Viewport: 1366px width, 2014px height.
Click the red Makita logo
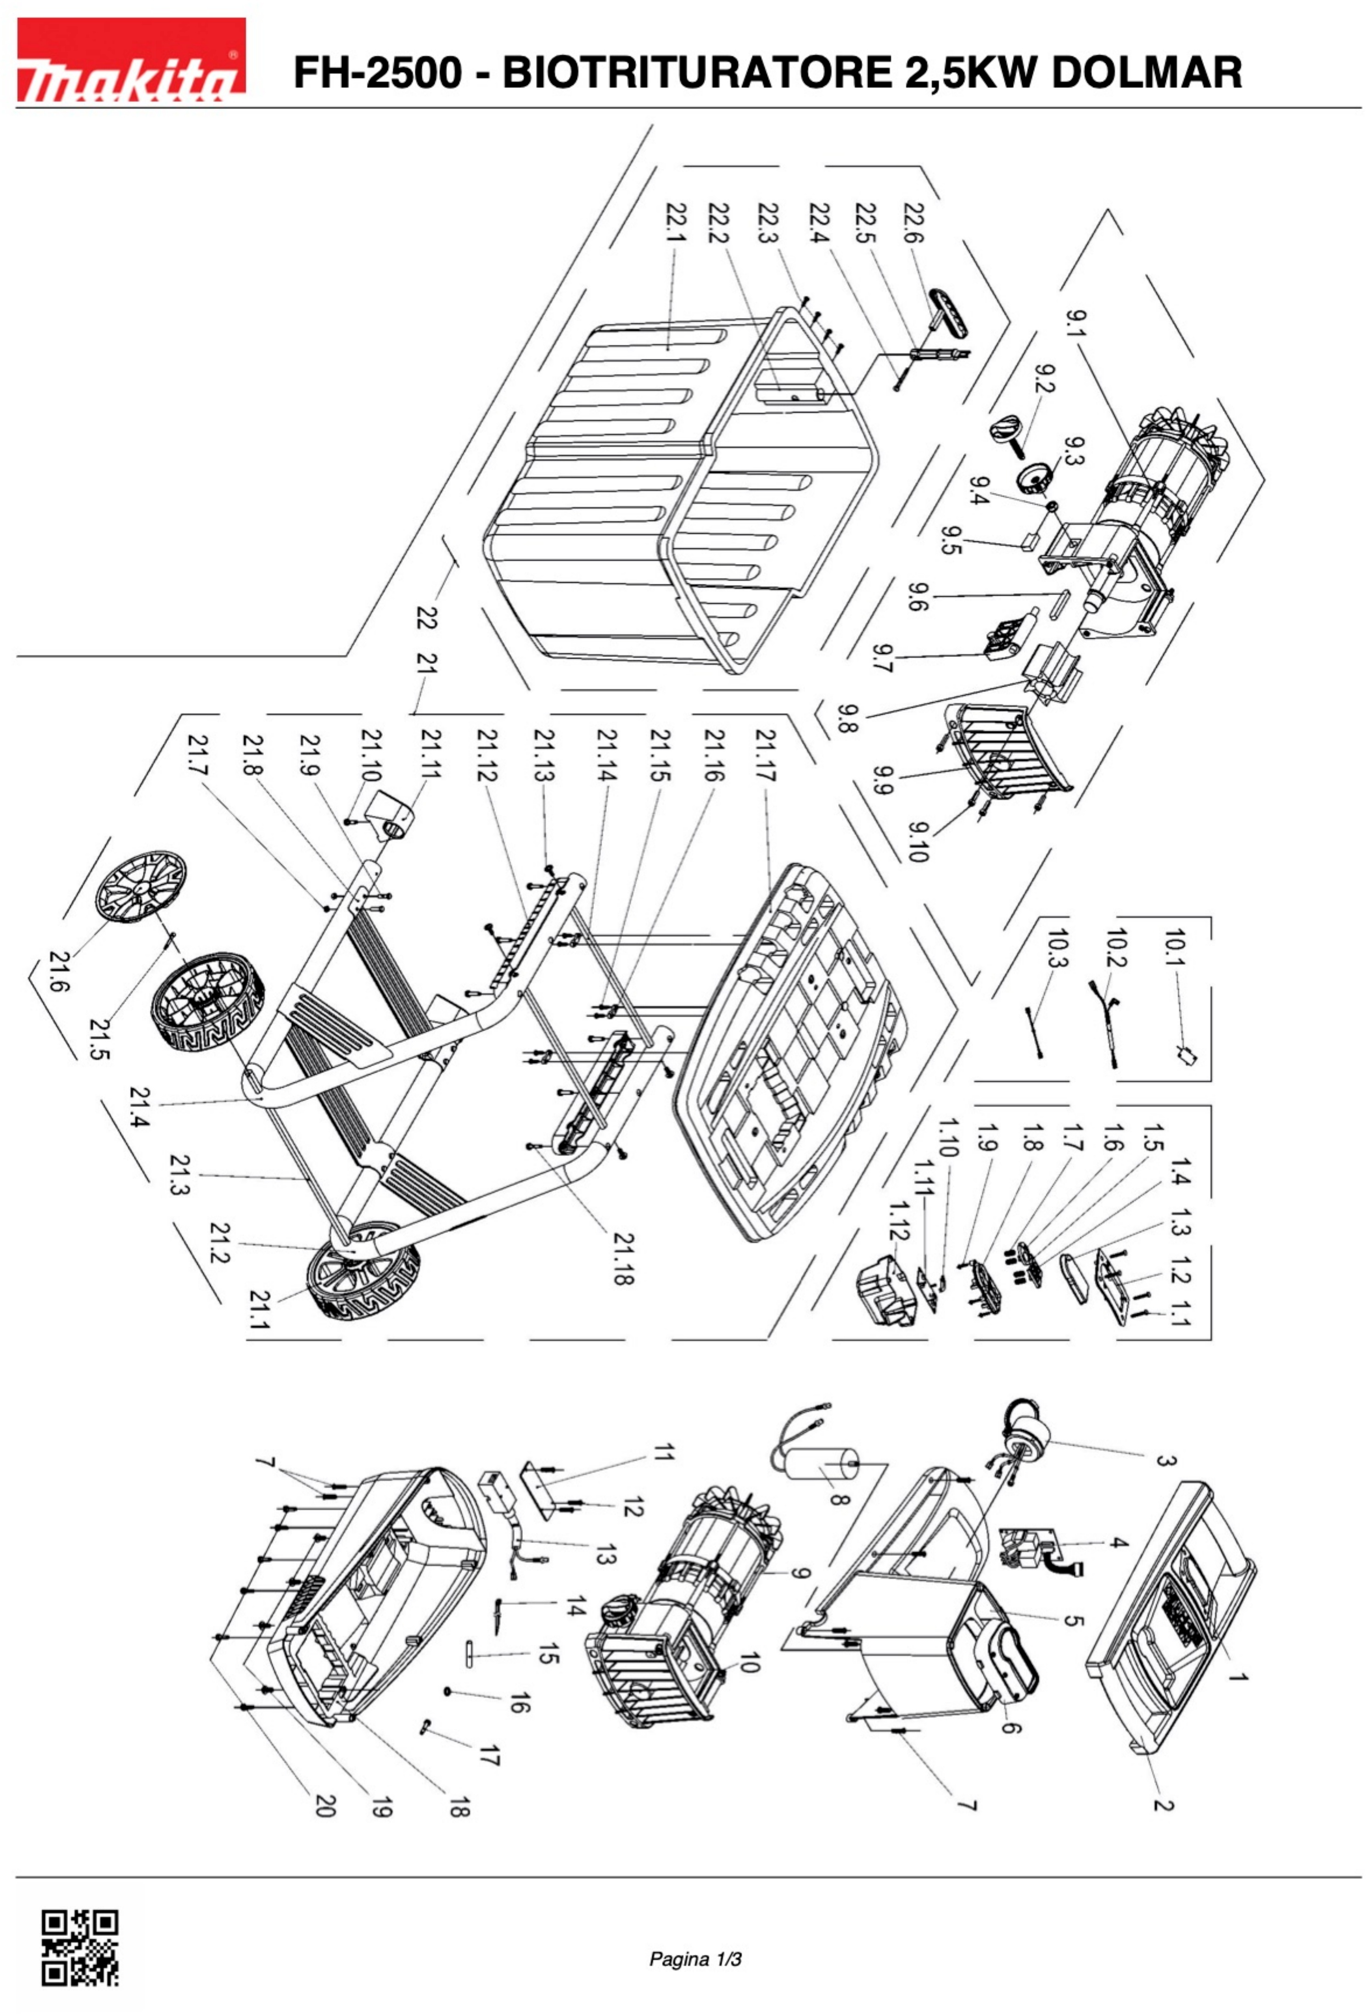130,61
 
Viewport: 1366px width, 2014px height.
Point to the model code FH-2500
377,73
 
